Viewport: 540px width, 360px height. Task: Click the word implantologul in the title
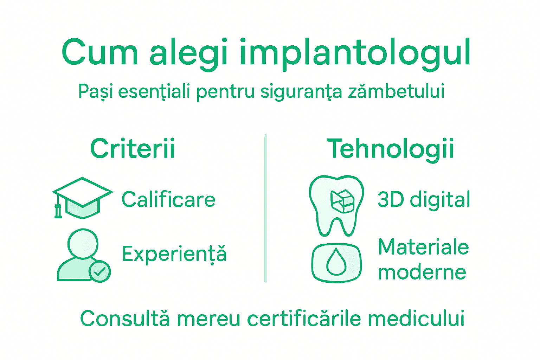[x=355, y=53]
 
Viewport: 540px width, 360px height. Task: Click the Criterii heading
[x=133, y=149]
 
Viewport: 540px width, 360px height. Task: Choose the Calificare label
[x=168, y=200]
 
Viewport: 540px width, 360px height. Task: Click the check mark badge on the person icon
[x=100, y=271]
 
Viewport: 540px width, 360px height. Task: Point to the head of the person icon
[x=83, y=243]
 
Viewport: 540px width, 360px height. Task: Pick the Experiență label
[x=174, y=254]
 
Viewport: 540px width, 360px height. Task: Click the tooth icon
[x=336, y=206]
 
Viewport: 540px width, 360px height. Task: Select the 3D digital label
[x=424, y=200]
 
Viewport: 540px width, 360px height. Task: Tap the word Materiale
[x=423, y=247]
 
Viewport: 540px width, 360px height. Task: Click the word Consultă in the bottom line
[x=125, y=319]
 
